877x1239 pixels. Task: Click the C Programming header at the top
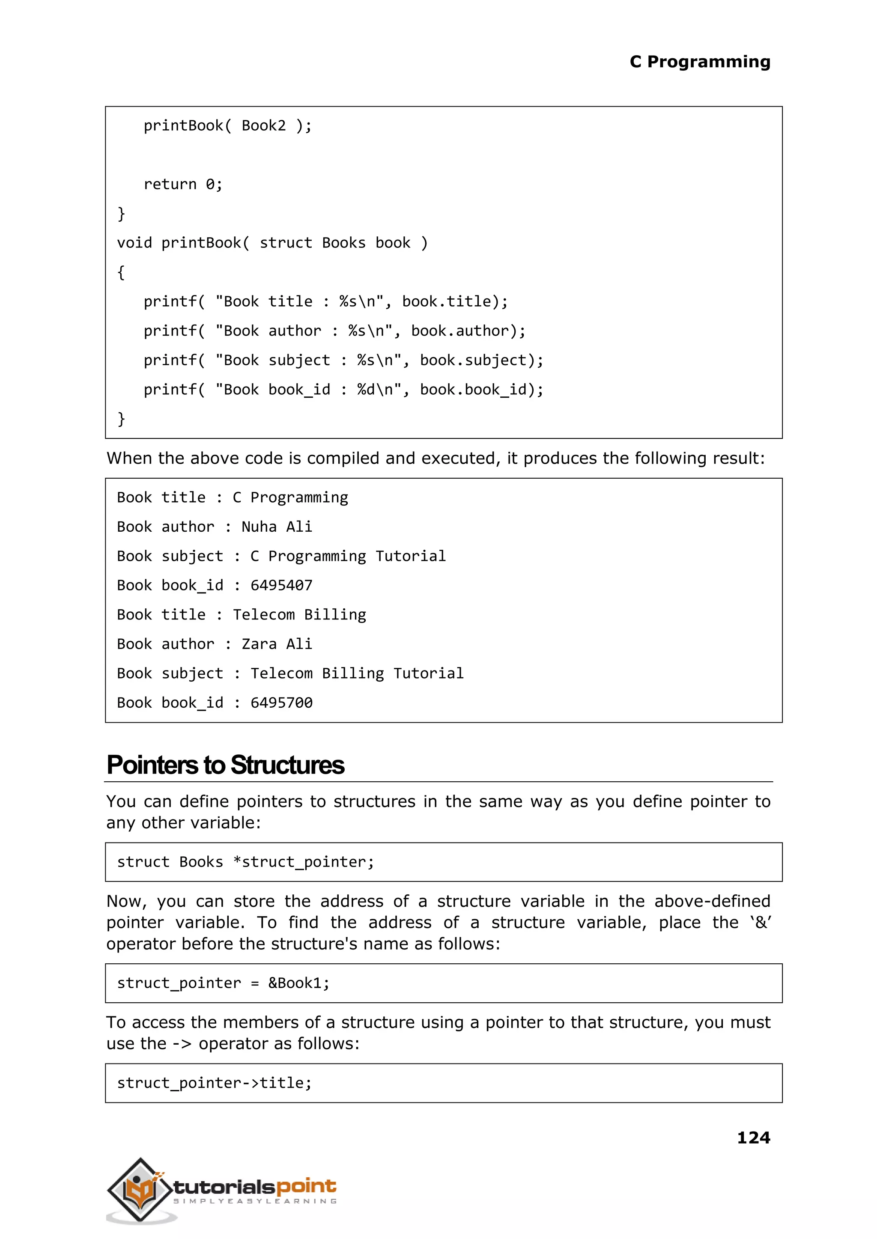699,62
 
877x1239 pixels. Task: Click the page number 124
753,1138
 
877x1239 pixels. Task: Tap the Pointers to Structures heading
225,765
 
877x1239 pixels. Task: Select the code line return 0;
183,185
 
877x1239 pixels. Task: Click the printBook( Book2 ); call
227,126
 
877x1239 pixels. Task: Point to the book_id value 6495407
281,585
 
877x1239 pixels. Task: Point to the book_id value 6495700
281,703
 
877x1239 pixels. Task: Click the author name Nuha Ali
277,526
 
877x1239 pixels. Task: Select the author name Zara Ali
277,643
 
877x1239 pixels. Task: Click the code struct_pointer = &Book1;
223,983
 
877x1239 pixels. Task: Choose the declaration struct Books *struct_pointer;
245,862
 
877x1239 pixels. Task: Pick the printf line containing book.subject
343,360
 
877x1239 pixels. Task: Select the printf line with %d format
343,389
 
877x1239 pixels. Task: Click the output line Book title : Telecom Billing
242,614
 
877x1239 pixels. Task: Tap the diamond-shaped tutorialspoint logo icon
140,1189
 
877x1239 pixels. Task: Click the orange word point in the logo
306,1185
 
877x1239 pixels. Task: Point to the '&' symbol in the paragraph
761,923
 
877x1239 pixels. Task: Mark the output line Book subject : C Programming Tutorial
281,556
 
